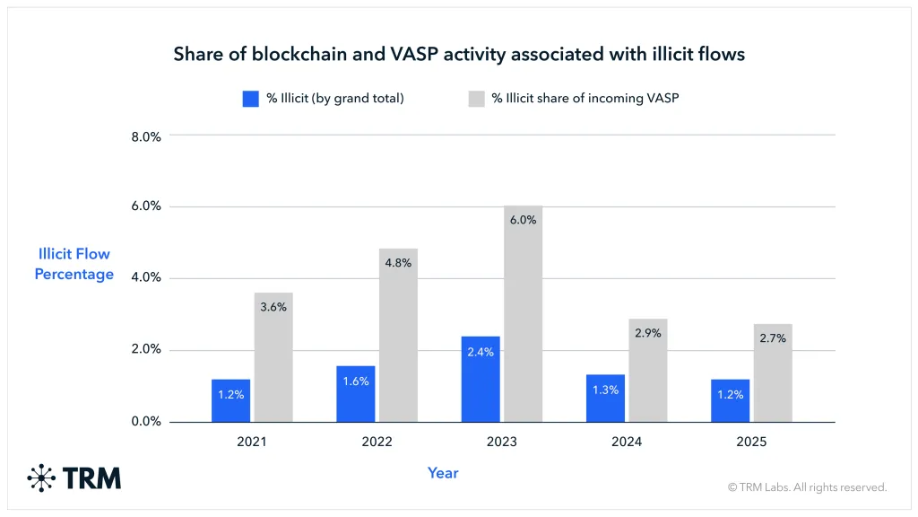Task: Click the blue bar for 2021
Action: point(230,400)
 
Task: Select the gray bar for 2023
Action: point(523,314)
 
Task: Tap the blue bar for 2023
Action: point(481,379)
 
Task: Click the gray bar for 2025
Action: point(773,372)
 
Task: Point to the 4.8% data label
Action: point(398,263)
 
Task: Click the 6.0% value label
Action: point(523,220)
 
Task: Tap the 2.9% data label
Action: point(647,333)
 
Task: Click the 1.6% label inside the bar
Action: point(356,381)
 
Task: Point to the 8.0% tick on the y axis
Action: point(146,136)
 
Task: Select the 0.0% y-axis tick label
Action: point(146,421)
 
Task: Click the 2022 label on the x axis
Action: point(377,442)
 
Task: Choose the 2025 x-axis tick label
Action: point(751,442)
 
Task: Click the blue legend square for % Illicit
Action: point(250,99)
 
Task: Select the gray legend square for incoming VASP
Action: point(476,99)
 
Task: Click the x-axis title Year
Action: point(443,473)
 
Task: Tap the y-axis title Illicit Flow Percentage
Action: point(74,264)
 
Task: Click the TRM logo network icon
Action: point(41,478)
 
